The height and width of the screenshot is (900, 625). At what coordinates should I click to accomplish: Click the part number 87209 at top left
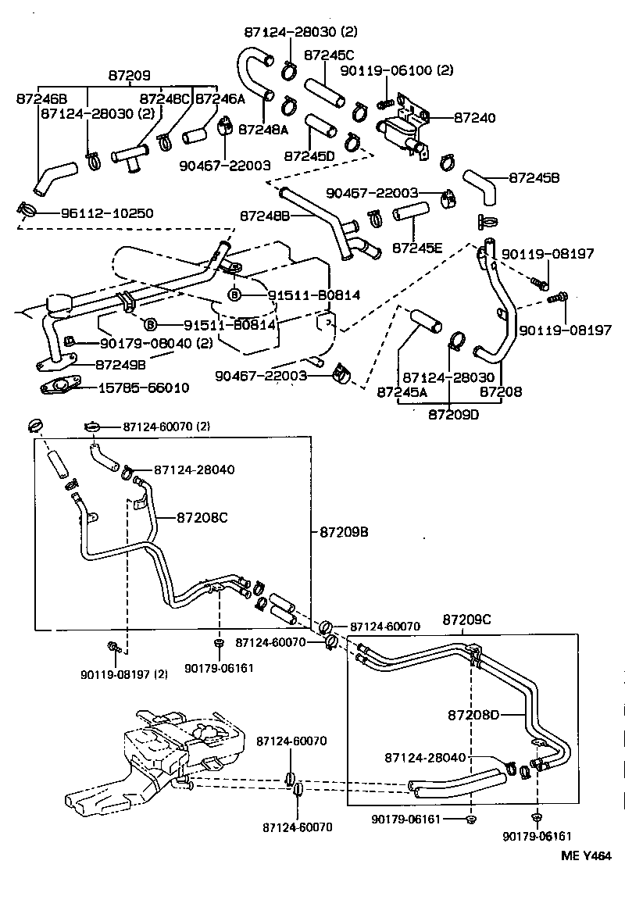coord(129,76)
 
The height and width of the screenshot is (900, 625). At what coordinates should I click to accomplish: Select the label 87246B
coord(41,98)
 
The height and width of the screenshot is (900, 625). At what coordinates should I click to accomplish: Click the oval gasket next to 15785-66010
coord(59,386)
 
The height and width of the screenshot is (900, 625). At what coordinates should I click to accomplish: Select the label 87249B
coord(120,363)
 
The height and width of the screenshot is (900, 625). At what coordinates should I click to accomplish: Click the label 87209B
coord(344,532)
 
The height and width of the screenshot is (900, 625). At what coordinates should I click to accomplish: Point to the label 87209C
coord(466,620)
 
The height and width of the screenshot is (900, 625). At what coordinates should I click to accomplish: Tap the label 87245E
coord(417,248)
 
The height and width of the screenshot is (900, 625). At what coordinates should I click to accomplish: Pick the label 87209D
coord(453,414)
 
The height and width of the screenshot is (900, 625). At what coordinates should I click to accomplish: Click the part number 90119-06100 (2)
coord(396,70)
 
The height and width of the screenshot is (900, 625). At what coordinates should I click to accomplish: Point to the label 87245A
coord(402,392)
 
